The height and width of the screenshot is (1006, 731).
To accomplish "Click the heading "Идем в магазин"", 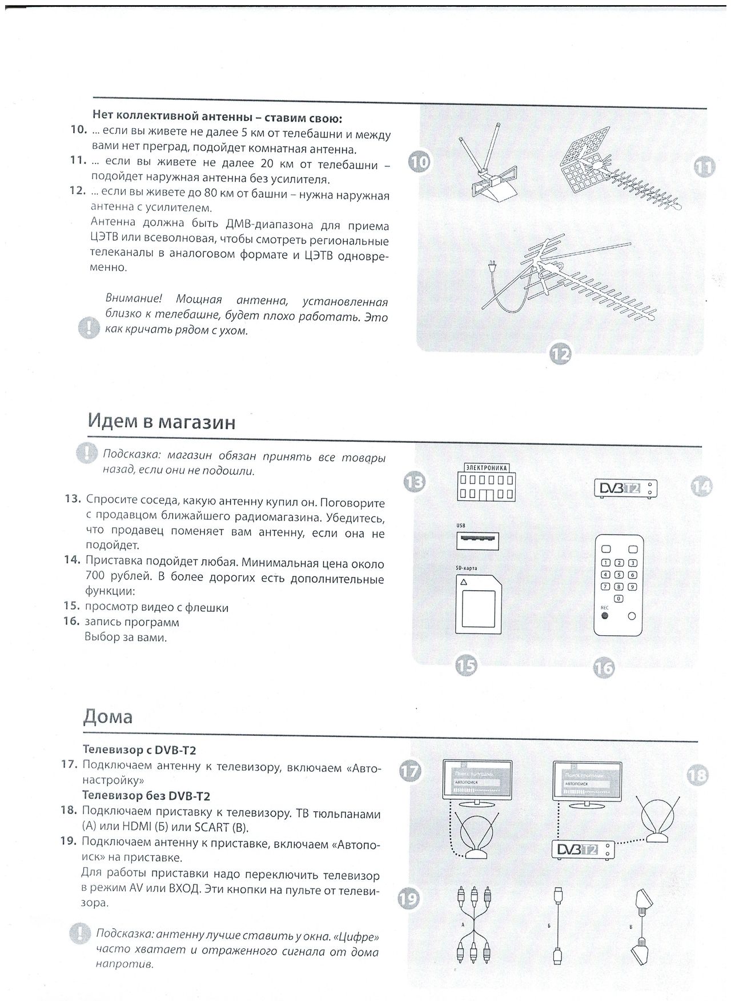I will [x=162, y=422].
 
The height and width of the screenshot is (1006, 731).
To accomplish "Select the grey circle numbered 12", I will [x=560, y=354].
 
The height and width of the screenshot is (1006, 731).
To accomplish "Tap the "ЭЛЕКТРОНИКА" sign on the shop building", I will [x=487, y=467].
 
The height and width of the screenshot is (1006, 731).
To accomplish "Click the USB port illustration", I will [x=477, y=540].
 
